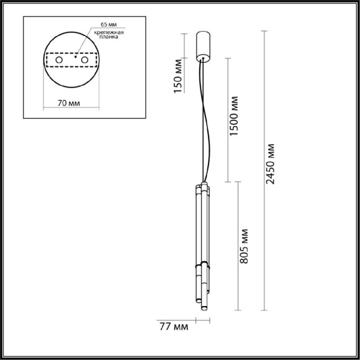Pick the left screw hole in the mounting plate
[x=59, y=60]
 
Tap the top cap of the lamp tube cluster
[x=202, y=185]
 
